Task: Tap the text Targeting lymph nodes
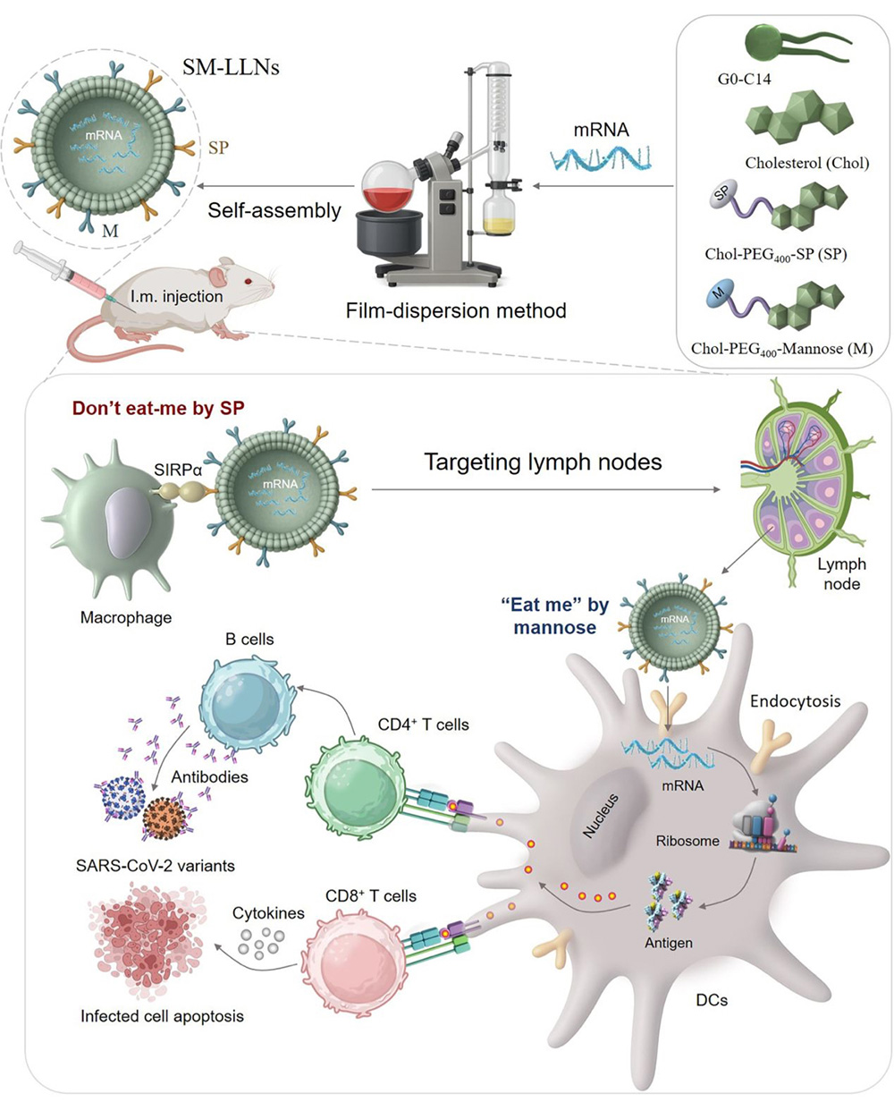point(544,462)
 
